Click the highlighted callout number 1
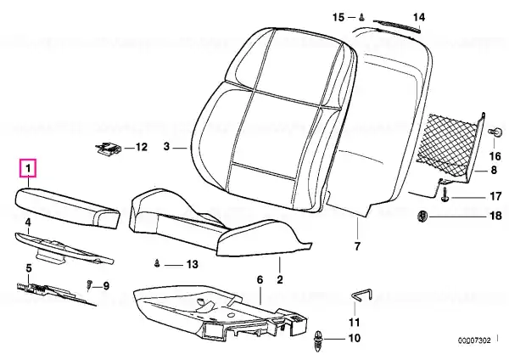tap(28, 169)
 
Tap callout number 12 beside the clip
tap(141, 147)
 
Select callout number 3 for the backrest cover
tap(168, 148)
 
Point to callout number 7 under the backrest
tap(357, 247)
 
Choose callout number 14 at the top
tap(418, 16)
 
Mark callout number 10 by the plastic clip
tap(355, 339)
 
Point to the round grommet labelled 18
tap(422, 218)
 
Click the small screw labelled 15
tap(361, 16)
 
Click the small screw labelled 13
tap(158, 264)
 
